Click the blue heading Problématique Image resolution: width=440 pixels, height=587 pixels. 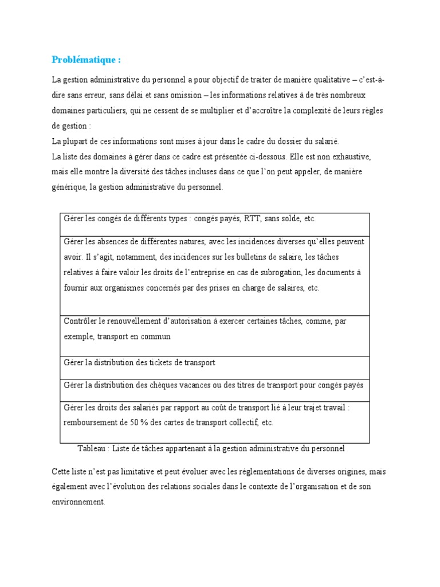point(86,60)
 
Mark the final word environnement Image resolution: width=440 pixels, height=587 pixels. point(78,502)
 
